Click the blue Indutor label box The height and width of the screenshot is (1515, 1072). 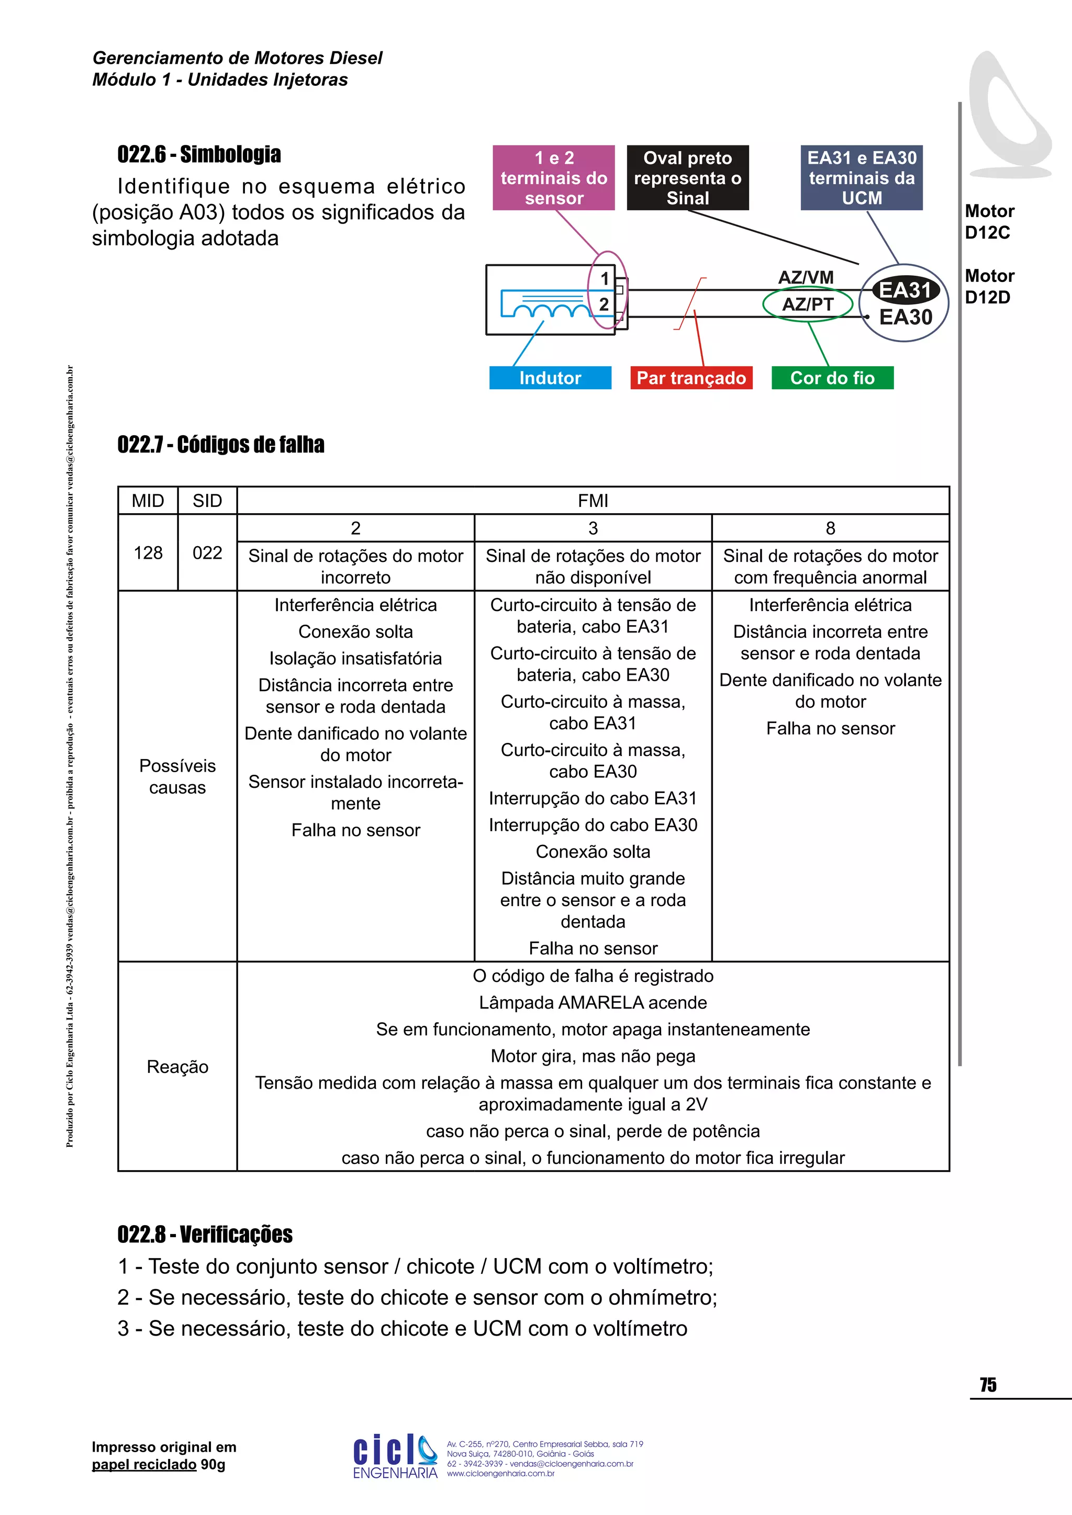pyautogui.click(x=550, y=378)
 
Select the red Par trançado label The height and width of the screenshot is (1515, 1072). pyautogui.click(x=691, y=378)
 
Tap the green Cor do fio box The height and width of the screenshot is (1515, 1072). pyautogui.click(x=832, y=378)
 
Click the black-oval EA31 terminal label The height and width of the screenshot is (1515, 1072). pyautogui.click(x=905, y=290)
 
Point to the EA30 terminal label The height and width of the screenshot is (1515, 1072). pyautogui.click(x=906, y=318)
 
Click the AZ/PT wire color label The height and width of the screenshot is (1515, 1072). pyautogui.click(x=808, y=305)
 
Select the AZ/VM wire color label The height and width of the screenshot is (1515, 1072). pyautogui.click(x=806, y=277)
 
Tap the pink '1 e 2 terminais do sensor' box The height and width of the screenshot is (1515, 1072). pyautogui.click(x=554, y=178)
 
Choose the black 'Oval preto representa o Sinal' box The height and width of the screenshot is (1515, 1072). pyautogui.click(x=688, y=178)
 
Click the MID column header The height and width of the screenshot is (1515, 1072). pyautogui.click(x=148, y=501)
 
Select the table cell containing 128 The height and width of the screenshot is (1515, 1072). pyautogui.click(x=148, y=553)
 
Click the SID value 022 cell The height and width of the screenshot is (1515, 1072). pyautogui.click(x=207, y=553)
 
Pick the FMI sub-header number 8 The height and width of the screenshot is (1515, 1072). pyautogui.click(x=830, y=528)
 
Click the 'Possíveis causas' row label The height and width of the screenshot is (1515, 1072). pyautogui.click(x=177, y=777)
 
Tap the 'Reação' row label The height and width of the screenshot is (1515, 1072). pyautogui.click(x=177, y=1067)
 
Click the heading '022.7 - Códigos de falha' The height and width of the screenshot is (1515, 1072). pyautogui.click(x=221, y=445)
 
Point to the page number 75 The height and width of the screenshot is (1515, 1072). pyautogui.click(x=988, y=1385)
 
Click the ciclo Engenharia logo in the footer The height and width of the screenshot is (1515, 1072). pyautogui.click(x=395, y=1456)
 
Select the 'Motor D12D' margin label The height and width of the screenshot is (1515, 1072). pyautogui.click(x=989, y=286)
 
